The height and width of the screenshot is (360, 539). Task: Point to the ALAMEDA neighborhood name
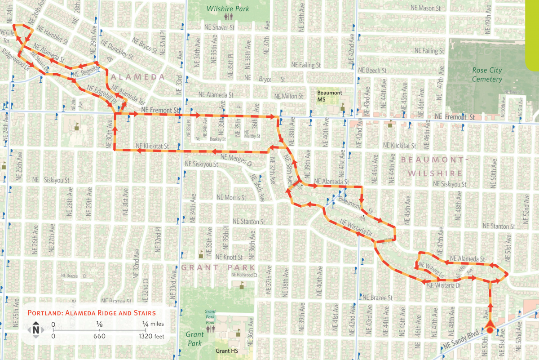click(135, 77)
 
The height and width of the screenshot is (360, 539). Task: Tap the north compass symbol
click(35, 330)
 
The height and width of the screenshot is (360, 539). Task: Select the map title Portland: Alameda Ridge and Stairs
click(92, 313)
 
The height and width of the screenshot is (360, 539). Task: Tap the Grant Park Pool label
click(210, 316)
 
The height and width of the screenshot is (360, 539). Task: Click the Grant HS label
click(227, 351)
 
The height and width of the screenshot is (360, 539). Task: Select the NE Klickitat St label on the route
click(153, 146)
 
